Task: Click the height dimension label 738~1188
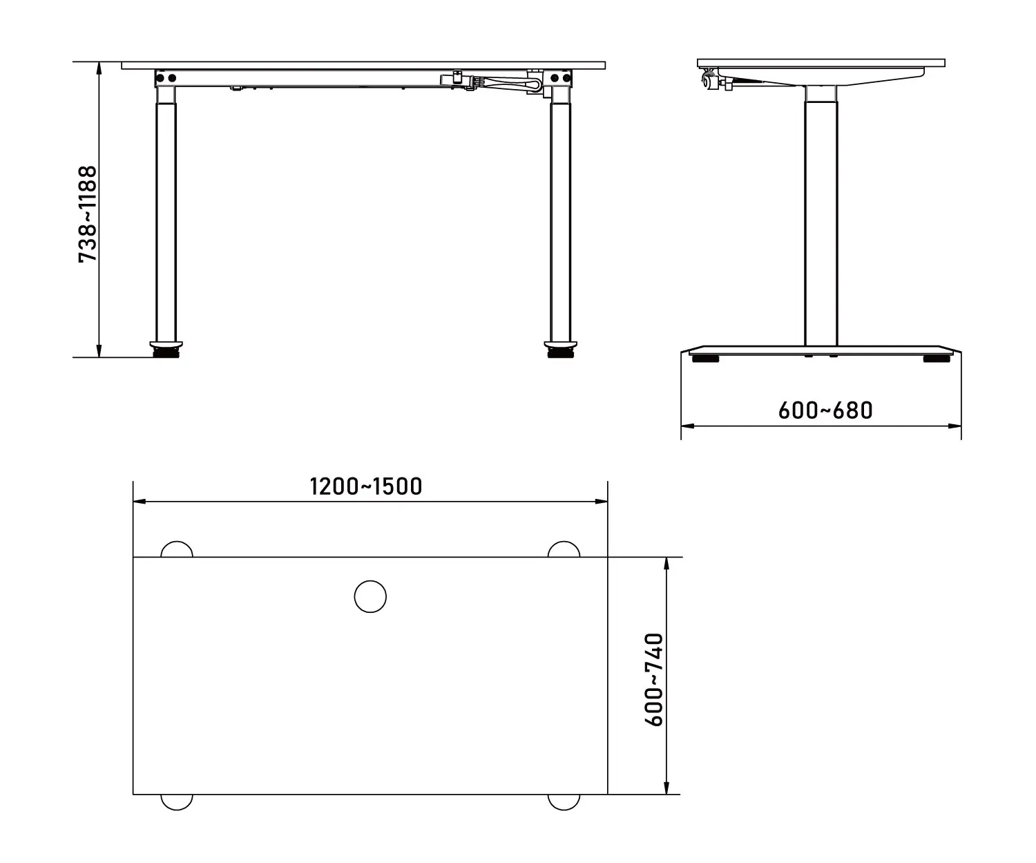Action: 88,214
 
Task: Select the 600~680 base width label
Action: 825,410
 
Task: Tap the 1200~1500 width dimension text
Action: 365,486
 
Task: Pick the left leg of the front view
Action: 166,214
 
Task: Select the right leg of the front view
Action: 561,214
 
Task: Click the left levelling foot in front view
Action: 166,350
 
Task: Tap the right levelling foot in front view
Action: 561,350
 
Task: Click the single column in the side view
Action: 821,216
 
